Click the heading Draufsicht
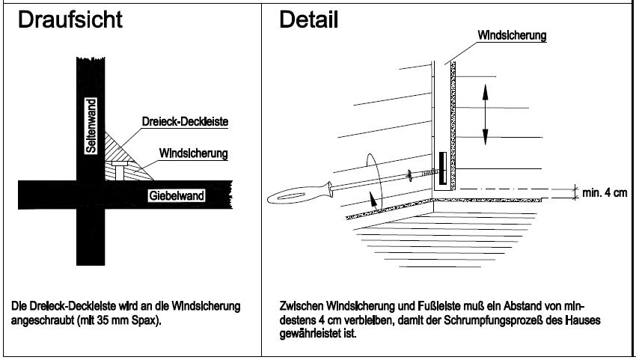(x=70, y=20)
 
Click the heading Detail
(x=308, y=20)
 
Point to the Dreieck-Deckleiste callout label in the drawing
(x=185, y=121)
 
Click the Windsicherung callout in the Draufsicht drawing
(x=194, y=153)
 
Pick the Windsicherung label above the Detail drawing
(x=513, y=35)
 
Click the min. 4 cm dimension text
(x=605, y=193)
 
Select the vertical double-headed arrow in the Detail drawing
(x=485, y=113)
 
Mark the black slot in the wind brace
(x=441, y=168)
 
